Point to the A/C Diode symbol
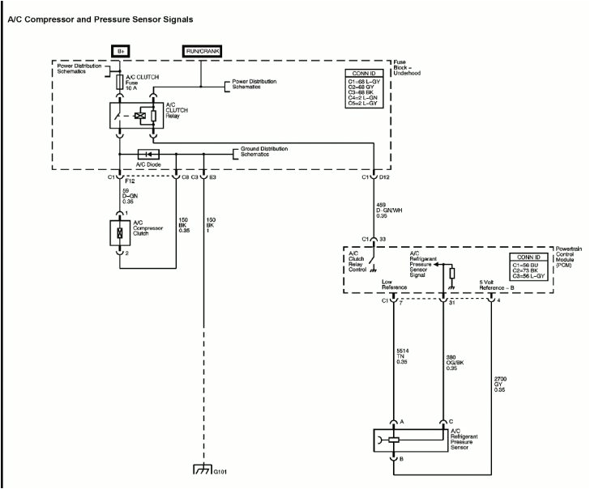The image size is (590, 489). click(148, 154)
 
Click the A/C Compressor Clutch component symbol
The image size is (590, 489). click(120, 232)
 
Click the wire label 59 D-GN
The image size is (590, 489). click(131, 194)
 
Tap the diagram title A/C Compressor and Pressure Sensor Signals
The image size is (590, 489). click(100, 19)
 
